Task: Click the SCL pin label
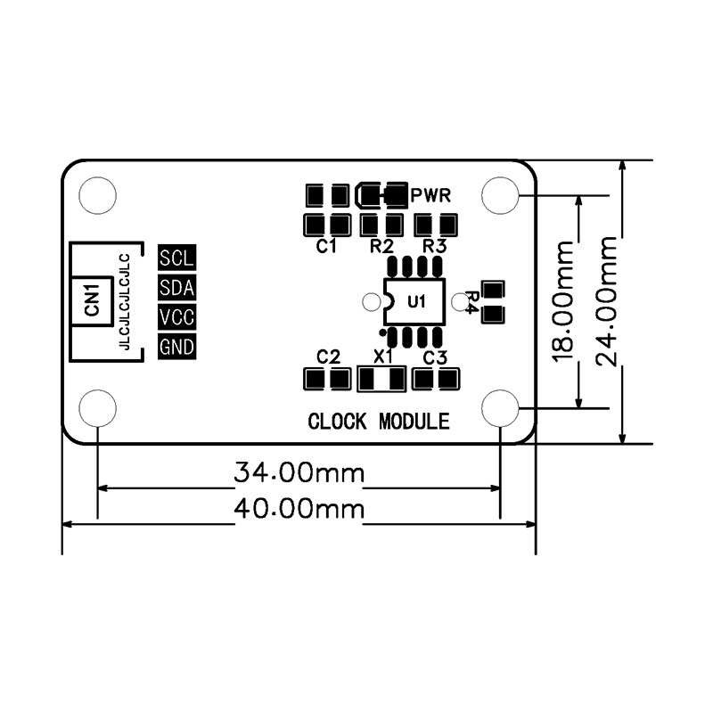click(x=176, y=258)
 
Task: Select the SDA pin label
click(x=176, y=287)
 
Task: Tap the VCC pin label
click(x=176, y=317)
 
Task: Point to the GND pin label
click(x=176, y=347)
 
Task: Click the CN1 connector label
click(x=92, y=300)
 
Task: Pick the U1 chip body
click(x=414, y=301)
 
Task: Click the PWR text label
click(x=430, y=195)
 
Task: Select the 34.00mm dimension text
click(x=299, y=472)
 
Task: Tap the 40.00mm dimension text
click(x=299, y=508)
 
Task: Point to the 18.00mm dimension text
click(x=562, y=301)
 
